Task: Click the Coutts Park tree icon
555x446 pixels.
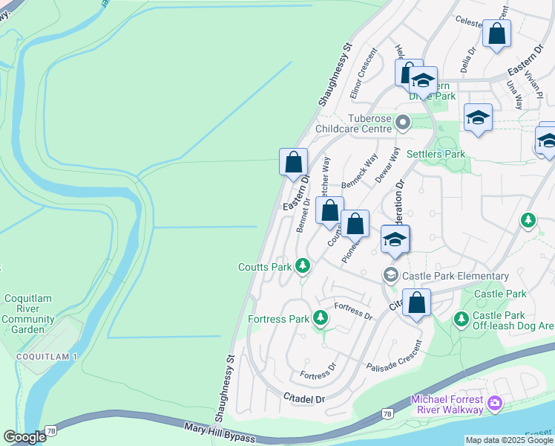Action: click(x=302, y=265)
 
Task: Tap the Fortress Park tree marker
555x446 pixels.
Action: click(x=321, y=318)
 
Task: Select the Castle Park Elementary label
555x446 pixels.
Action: click(x=455, y=276)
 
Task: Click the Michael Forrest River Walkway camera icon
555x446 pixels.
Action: click(x=495, y=405)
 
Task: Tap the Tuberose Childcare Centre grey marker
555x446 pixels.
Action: click(x=403, y=121)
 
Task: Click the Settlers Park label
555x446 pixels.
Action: click(x=436, y=154)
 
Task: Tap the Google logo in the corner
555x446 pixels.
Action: click(x=24, y=437)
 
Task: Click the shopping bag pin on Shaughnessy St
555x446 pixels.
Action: click(x=293, y=162)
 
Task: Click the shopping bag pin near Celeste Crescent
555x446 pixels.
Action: click(x=496, y=34)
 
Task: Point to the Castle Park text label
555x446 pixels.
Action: click(x=499, y=294)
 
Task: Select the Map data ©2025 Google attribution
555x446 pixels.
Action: click(x=510, y=440)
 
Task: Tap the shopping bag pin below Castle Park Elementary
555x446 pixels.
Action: click(x=416, y=303)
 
